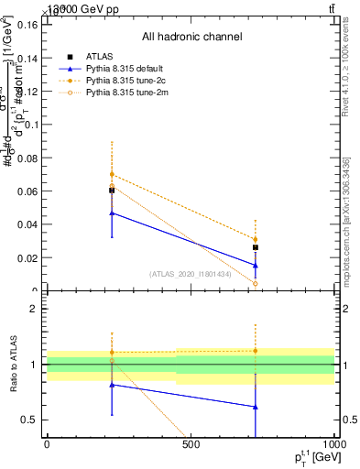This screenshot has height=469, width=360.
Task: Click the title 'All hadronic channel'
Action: click(191, 37)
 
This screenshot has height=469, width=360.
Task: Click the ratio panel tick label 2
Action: click(34, 309)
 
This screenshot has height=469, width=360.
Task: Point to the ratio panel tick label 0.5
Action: click(29, 420)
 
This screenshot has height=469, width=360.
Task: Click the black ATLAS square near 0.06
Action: click(112, 191)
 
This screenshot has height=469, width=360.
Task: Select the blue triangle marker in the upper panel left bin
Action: click(112, 213)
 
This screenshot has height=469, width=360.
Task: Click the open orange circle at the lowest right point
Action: click(256, 283)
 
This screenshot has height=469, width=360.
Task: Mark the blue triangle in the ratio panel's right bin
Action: click(256, 407)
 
